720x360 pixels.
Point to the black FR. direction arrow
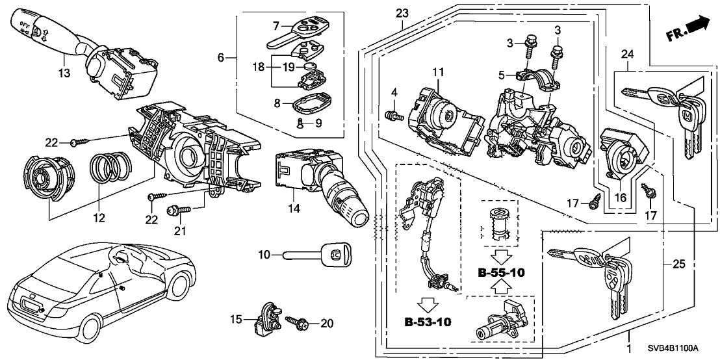pyautogui.click(x=697, y=25)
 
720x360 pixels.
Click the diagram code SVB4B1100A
pyautogui.click(x=685, y=351)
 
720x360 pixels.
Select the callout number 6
pyautogui.click(x=221, y=58)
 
